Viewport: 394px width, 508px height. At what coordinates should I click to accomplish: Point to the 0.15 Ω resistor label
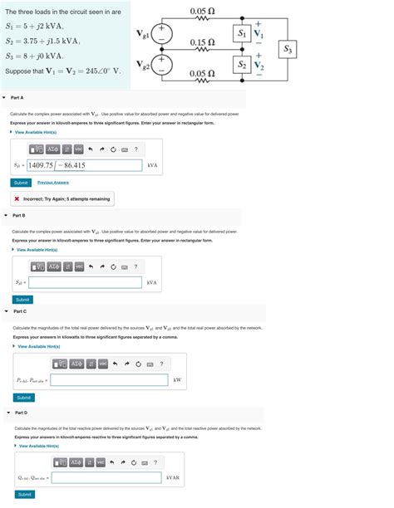point(203,42)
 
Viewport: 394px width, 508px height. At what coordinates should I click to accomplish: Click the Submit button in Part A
point(22,183)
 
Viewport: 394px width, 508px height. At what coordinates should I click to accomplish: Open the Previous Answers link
point(53,183)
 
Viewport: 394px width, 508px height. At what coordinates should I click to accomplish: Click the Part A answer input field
point(84,165)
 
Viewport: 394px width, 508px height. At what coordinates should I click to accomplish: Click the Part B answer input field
point(84,283)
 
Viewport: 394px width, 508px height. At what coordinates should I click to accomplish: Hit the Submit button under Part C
point(24,398)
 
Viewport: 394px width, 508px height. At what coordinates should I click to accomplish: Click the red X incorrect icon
point(17,199)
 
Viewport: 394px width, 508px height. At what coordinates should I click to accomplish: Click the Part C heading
point(20,311)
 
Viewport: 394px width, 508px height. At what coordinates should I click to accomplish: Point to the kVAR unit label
point(173,477)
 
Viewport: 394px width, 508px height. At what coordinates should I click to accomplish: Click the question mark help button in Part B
point(135,266)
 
